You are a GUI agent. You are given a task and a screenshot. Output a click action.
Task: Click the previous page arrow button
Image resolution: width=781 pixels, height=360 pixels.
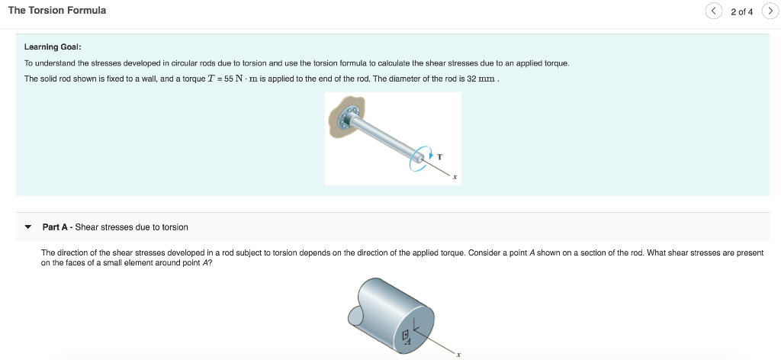tap(713, 11)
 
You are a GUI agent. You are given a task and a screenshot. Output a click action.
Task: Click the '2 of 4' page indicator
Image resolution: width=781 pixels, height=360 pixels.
tap(741, 11)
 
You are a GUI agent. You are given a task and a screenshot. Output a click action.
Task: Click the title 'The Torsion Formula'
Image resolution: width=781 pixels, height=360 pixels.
tap(57, 11)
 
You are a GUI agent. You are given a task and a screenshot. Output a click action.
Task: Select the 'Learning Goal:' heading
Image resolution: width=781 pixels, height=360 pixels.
tap(53, 47)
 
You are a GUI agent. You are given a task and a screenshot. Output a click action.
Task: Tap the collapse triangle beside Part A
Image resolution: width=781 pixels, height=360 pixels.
tap(28, 227)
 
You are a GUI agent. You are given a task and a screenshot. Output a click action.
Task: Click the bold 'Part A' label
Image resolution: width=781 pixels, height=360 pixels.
tap(56, 227)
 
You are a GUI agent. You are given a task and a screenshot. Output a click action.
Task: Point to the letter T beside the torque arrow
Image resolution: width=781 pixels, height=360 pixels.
tap(440, 157)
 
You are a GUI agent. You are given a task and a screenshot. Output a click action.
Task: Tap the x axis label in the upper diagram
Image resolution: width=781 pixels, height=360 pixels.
tap(454, 178)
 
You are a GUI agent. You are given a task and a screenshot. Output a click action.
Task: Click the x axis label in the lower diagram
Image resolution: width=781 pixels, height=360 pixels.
tap(458, 354)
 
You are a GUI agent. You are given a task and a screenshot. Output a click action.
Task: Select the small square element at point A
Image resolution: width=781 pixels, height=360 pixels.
tap(407, 334)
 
